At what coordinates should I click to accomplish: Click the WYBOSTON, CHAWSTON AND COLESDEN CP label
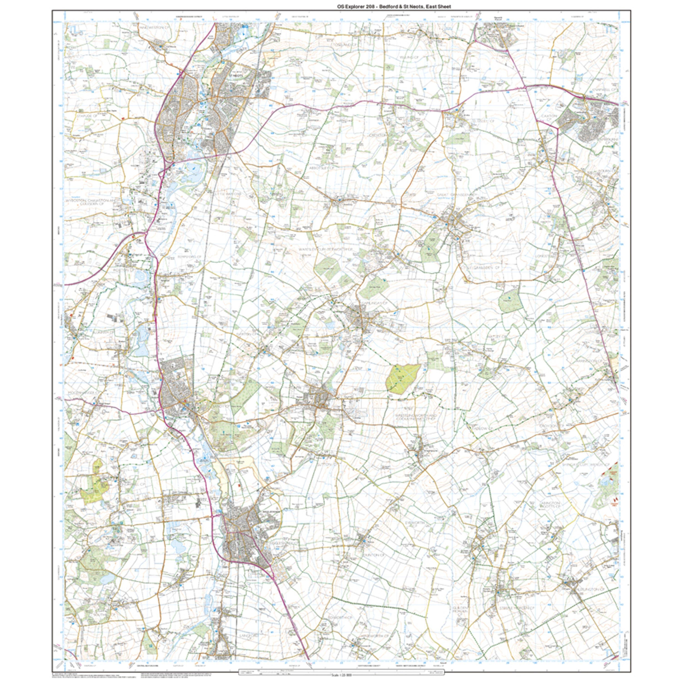pyautogui.click(x=91, y=202)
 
